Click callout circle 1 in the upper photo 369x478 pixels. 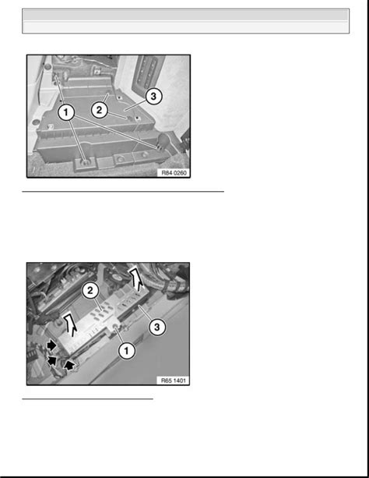tap(66, 112)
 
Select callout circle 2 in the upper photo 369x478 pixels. tap(99, 110)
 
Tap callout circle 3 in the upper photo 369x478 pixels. tap(153, 97)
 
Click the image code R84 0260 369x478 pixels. tap(174, 173)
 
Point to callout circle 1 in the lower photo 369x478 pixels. tap(127, 351)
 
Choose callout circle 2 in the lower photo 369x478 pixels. tap(90, 290)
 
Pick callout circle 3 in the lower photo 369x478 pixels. tap(156, 327)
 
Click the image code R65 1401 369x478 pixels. tap(174, 381)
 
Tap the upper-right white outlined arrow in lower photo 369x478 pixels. tap(135, 279)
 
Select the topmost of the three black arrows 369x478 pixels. tap(51, 345)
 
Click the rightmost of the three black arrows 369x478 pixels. tap(70, 365)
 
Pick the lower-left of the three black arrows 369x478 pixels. tap(52, 361)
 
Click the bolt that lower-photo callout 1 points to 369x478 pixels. tap(116, 328)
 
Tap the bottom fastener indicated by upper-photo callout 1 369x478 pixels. tap(86, 162)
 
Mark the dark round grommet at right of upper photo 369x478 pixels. tap(164, 140)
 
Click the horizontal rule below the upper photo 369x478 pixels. tap(123, 192)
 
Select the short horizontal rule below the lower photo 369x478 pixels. tap(87, 398)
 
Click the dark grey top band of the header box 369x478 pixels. tap(186, 15)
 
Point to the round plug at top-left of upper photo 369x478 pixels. tap(47, 66)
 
